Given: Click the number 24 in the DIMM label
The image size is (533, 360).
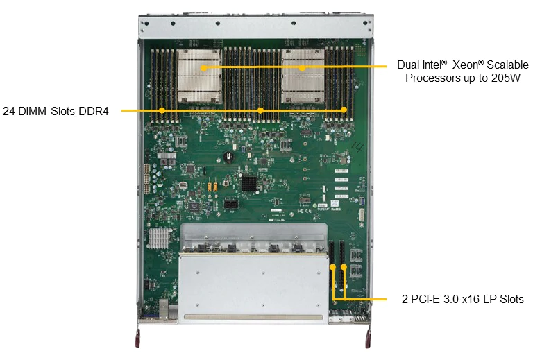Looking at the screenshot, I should coord(9,110).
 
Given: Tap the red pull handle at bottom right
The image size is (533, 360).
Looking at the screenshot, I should coord(367,341).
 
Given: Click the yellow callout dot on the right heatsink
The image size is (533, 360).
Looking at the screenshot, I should coord(303,67).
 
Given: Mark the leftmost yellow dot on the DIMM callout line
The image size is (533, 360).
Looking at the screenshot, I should coord(162,110).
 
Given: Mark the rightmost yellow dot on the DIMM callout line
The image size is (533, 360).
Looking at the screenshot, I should coord(344,110).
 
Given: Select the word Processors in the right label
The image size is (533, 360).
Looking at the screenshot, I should coord(432,78).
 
